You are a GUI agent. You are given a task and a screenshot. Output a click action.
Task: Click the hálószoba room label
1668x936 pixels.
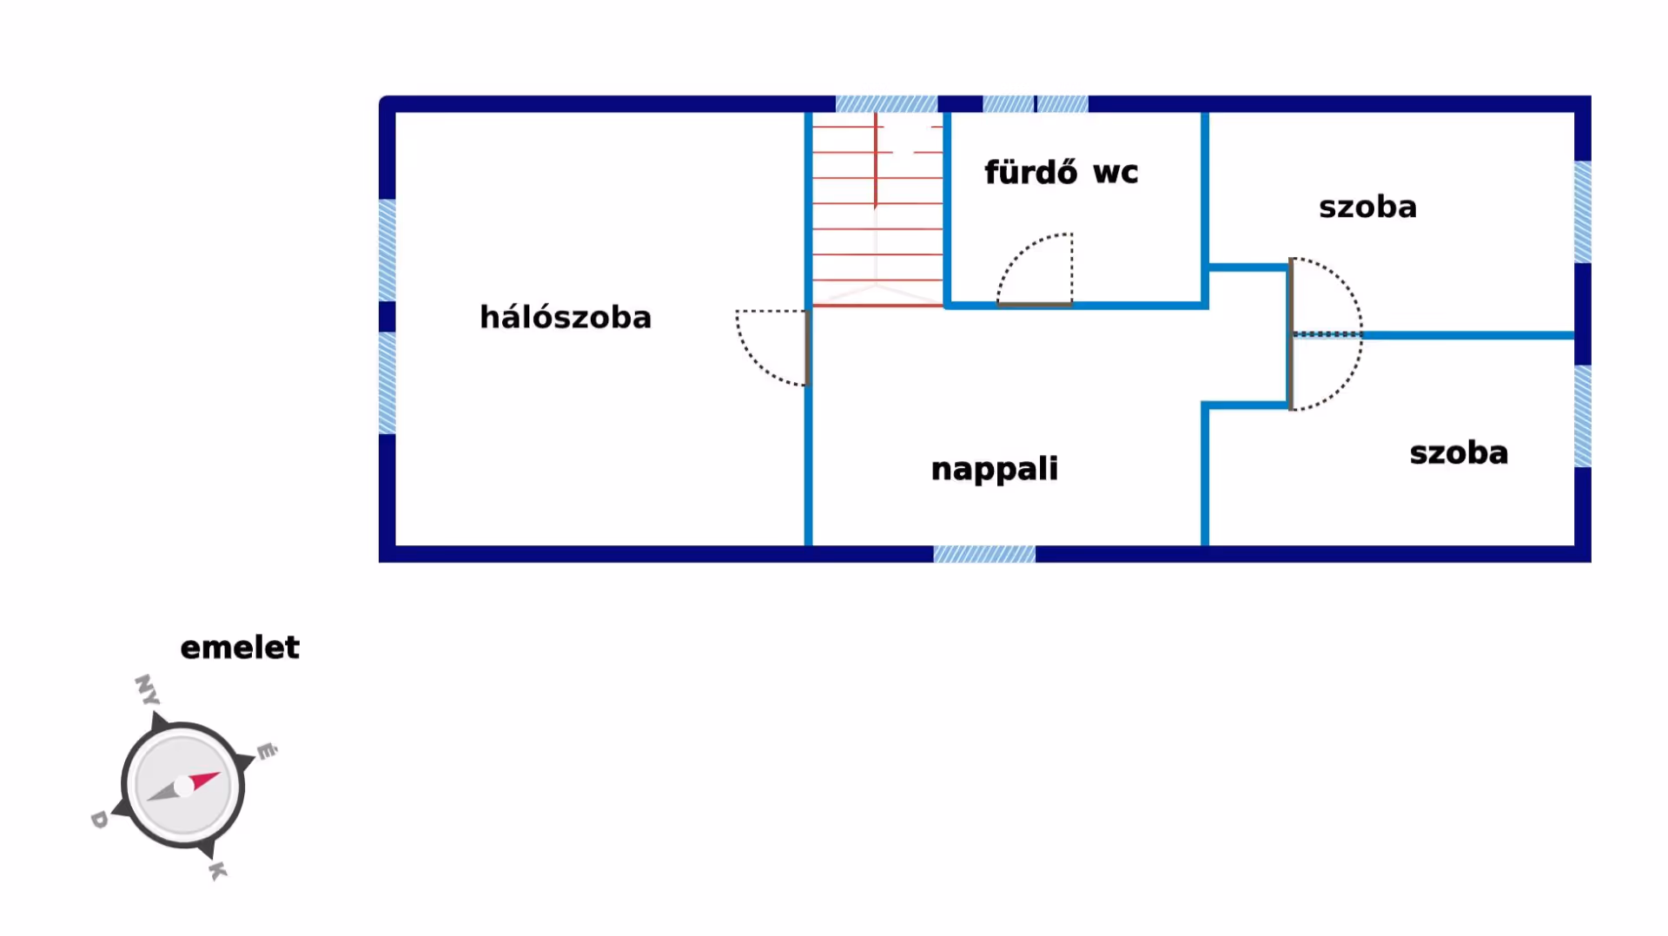click(566, 317)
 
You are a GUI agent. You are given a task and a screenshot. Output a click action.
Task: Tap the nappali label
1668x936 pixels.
click(994, 469)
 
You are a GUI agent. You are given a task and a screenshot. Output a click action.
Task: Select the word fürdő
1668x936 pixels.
click(1030, 172)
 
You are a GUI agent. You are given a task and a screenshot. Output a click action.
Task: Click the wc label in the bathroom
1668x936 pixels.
click(1115, 172)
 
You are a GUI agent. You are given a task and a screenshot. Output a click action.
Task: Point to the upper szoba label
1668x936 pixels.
click(1367, 207)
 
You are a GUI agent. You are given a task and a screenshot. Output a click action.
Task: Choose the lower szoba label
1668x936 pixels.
click(1459, 452)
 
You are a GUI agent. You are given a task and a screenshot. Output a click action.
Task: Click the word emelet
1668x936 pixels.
click(240, 647)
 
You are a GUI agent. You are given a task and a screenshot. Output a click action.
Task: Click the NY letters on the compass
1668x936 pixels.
click(147, 689)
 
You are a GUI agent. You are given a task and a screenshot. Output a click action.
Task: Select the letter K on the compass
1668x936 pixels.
click(218, 870)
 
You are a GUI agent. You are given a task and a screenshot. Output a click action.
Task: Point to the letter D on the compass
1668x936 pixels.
click(99, 819)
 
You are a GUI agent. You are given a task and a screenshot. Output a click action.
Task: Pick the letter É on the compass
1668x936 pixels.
click(267, 750)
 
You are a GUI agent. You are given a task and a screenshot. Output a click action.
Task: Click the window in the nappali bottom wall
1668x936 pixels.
click(984, 554)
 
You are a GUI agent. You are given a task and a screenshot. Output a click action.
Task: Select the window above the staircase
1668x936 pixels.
click(886, 104)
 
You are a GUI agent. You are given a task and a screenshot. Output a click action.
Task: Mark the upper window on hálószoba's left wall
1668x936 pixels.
click(387, 250)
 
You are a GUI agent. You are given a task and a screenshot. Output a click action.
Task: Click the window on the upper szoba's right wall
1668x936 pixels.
click(1583, 212)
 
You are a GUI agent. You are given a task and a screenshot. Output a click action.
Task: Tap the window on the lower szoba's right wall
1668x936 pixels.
click(1583, 417)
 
